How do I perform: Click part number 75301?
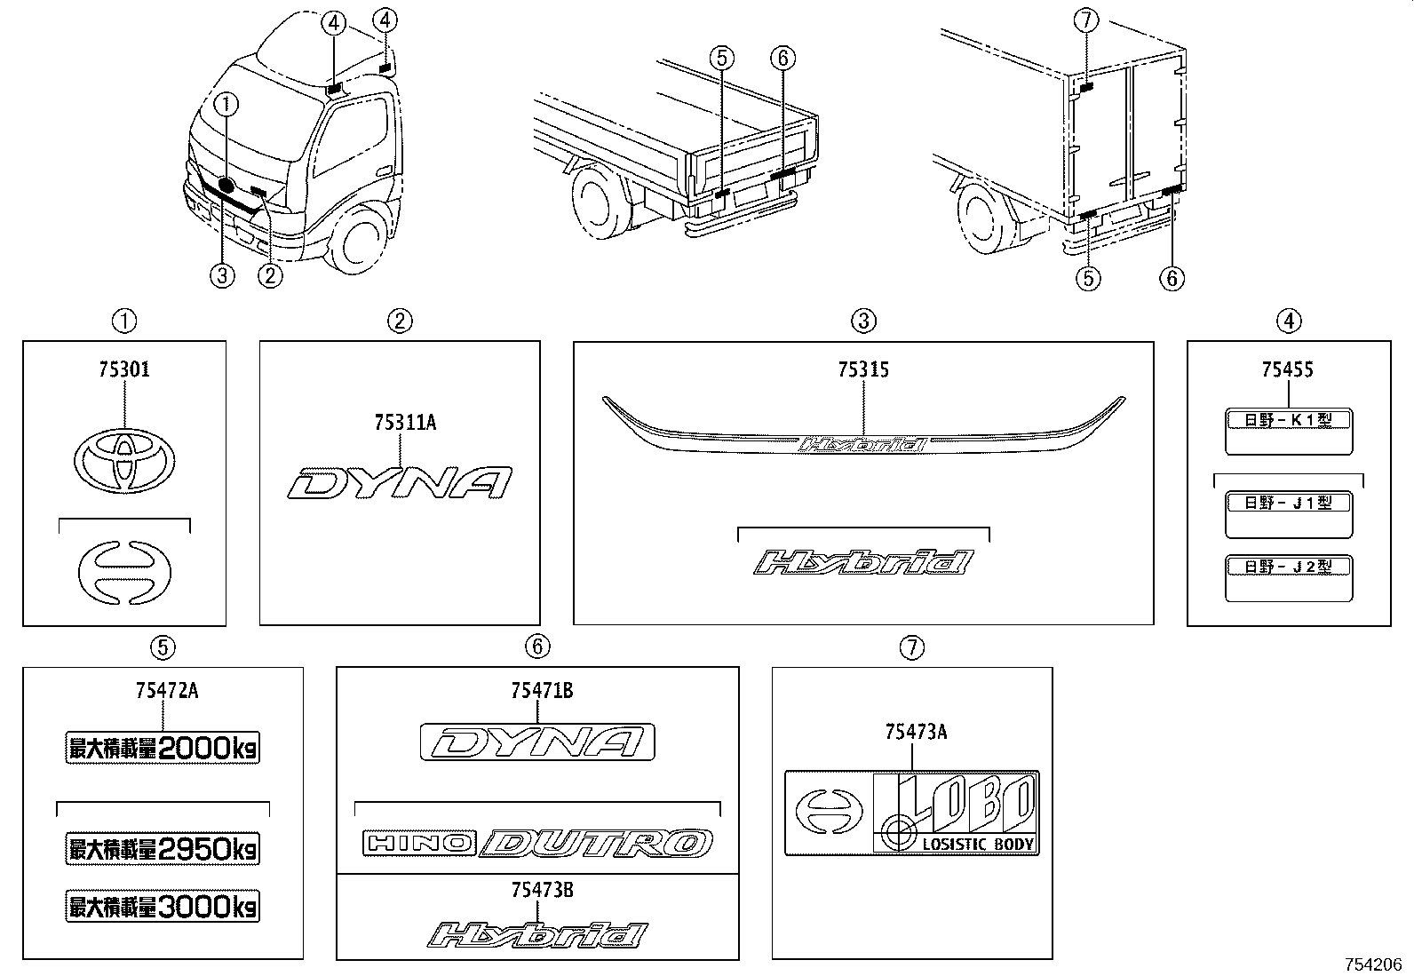[124, 369]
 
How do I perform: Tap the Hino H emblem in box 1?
[124, 569]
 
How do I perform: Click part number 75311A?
[404, 423]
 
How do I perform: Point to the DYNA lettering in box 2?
[400, 483]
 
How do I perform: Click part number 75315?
[863, 369]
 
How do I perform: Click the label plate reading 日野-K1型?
[1288, 430]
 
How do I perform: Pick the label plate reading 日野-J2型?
[1288, 577]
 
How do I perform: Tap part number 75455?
[1288, 369]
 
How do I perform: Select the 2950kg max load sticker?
[163, 849]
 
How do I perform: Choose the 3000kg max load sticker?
[163, 907]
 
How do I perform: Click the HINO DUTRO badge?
[537, 843]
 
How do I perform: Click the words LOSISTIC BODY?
[978, 845]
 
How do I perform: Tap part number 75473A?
[916, 732]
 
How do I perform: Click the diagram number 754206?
[1373, 964]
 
